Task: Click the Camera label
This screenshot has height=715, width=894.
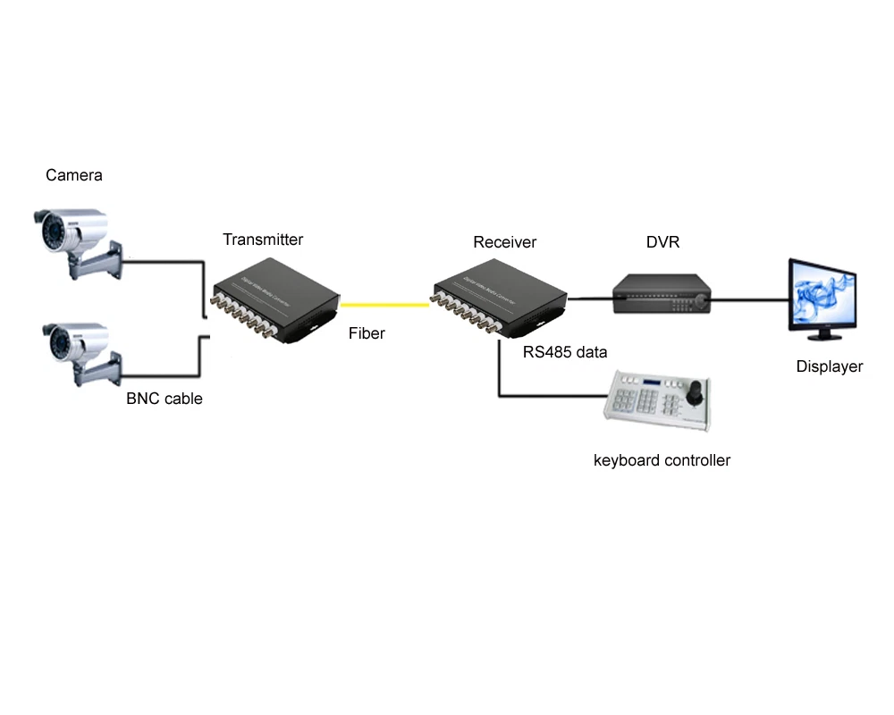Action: [x=74, y=175]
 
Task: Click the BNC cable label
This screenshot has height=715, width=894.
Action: [x=164, y=399]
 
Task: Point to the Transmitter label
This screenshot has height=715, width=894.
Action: [x=263, y=240]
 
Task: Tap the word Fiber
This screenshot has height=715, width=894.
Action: [x=367, y=333]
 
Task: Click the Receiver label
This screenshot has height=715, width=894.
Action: [x=505, y=242]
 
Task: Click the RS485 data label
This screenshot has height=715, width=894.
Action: [x=565, y=352]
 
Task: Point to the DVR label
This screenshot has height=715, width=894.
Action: [x=663, y=242]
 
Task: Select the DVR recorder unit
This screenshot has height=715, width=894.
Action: [x=661, y=294]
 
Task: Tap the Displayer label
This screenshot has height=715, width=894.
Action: [x=830, y=366]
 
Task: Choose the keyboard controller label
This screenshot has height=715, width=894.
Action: [x=662, y=460]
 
